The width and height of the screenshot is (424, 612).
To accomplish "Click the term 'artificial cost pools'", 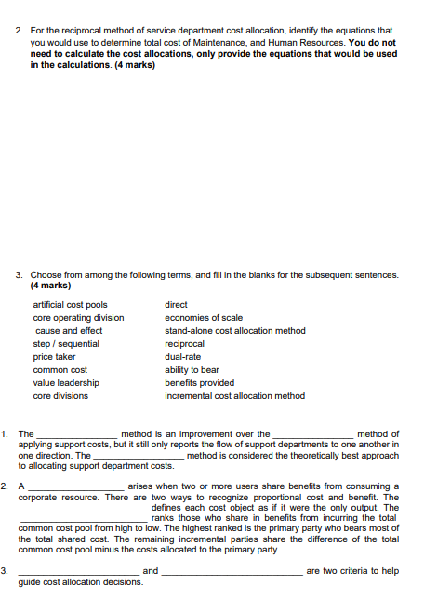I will (x=71, y=305).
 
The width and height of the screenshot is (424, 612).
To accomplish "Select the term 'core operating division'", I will (x=78, y=318).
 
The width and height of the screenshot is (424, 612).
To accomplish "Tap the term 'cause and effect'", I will (x=68, y=331).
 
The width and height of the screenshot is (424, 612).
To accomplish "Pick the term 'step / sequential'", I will (x=66, y=344).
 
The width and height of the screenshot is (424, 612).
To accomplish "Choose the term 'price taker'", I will (x=55, y=357).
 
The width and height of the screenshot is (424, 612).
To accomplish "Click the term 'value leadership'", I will (x=66, y=382).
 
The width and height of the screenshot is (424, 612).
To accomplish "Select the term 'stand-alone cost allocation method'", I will (x=234, y=331).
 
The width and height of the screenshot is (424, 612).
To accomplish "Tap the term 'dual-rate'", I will (x=183, y=357).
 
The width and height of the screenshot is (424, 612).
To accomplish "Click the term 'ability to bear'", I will (x=192, y=370).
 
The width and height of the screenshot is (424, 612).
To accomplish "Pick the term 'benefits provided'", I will (x=199, y=382).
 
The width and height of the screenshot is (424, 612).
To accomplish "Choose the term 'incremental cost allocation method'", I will (x=234, y=396).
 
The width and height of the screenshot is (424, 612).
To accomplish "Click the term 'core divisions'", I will (x=60, y=396).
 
